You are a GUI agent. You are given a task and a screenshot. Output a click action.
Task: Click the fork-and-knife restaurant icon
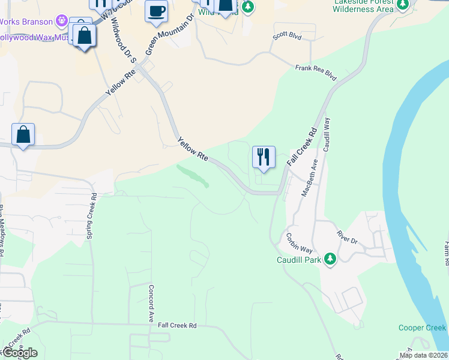[x=264, y=158]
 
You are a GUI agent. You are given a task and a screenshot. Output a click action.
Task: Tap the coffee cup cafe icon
[x=156, y=11]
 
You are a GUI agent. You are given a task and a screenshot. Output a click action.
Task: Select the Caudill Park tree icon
[x=330, y=259]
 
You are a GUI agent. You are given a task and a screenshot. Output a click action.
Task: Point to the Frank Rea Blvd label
[x=316, y=73]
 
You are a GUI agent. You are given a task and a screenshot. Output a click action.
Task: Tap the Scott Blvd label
[x=287, y=36]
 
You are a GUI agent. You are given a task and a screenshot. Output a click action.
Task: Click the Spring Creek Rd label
[x=92, y=216]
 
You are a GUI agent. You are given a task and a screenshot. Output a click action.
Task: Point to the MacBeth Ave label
[x=310, y=178]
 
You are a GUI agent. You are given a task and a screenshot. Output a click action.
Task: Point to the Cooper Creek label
[x=422, y=328]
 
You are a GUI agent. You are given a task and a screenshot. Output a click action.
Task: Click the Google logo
[x=19, y=353]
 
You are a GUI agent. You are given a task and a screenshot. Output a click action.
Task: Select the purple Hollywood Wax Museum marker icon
[x=61, y=22]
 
